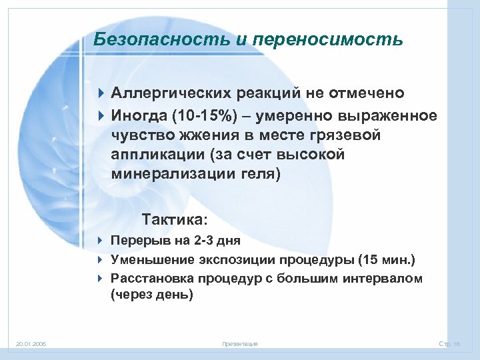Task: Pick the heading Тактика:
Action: pos(175,219)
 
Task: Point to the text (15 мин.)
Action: pos(387,259)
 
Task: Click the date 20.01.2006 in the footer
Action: pos(31,344)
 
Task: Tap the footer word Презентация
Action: pos(239,344)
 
